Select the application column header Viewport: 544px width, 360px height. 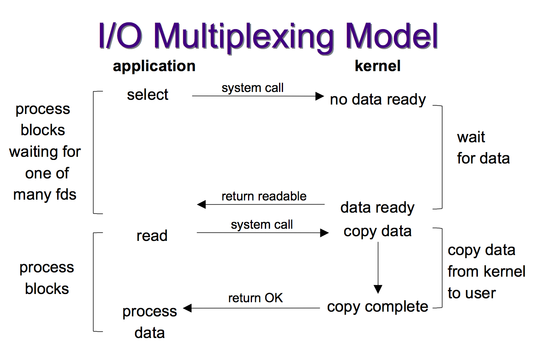click(x=154, y=66)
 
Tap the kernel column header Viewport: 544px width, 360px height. click(x=377, y=66)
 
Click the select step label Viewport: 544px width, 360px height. click(x=147, y=95)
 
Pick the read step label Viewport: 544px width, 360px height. click(x=152, y=236)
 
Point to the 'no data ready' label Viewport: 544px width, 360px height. click(x=378, y=99)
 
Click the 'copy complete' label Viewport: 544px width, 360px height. click(x=377, y=307)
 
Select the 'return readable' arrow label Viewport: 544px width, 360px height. click(x=264, y=196)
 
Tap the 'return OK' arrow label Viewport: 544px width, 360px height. click(x=255, y=298)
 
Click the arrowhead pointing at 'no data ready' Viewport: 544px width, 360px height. click(x=320, y=96)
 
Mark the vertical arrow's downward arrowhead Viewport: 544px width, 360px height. click(x=378, y=289)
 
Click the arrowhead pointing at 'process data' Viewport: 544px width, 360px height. click(x=187, y=308)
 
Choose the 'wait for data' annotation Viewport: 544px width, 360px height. click(x=483, y=148)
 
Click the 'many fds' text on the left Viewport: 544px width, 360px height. click(x=45, y=195)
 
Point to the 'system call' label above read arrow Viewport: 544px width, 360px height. click(x=262, y=224)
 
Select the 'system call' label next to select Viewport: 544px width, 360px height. click(x=252, y=88)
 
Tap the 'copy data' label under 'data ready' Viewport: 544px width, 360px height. click(x=377, y=231)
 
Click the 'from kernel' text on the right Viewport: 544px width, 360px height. click(x=486, y=271)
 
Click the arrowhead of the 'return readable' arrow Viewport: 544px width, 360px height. click(x=201, y=204)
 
